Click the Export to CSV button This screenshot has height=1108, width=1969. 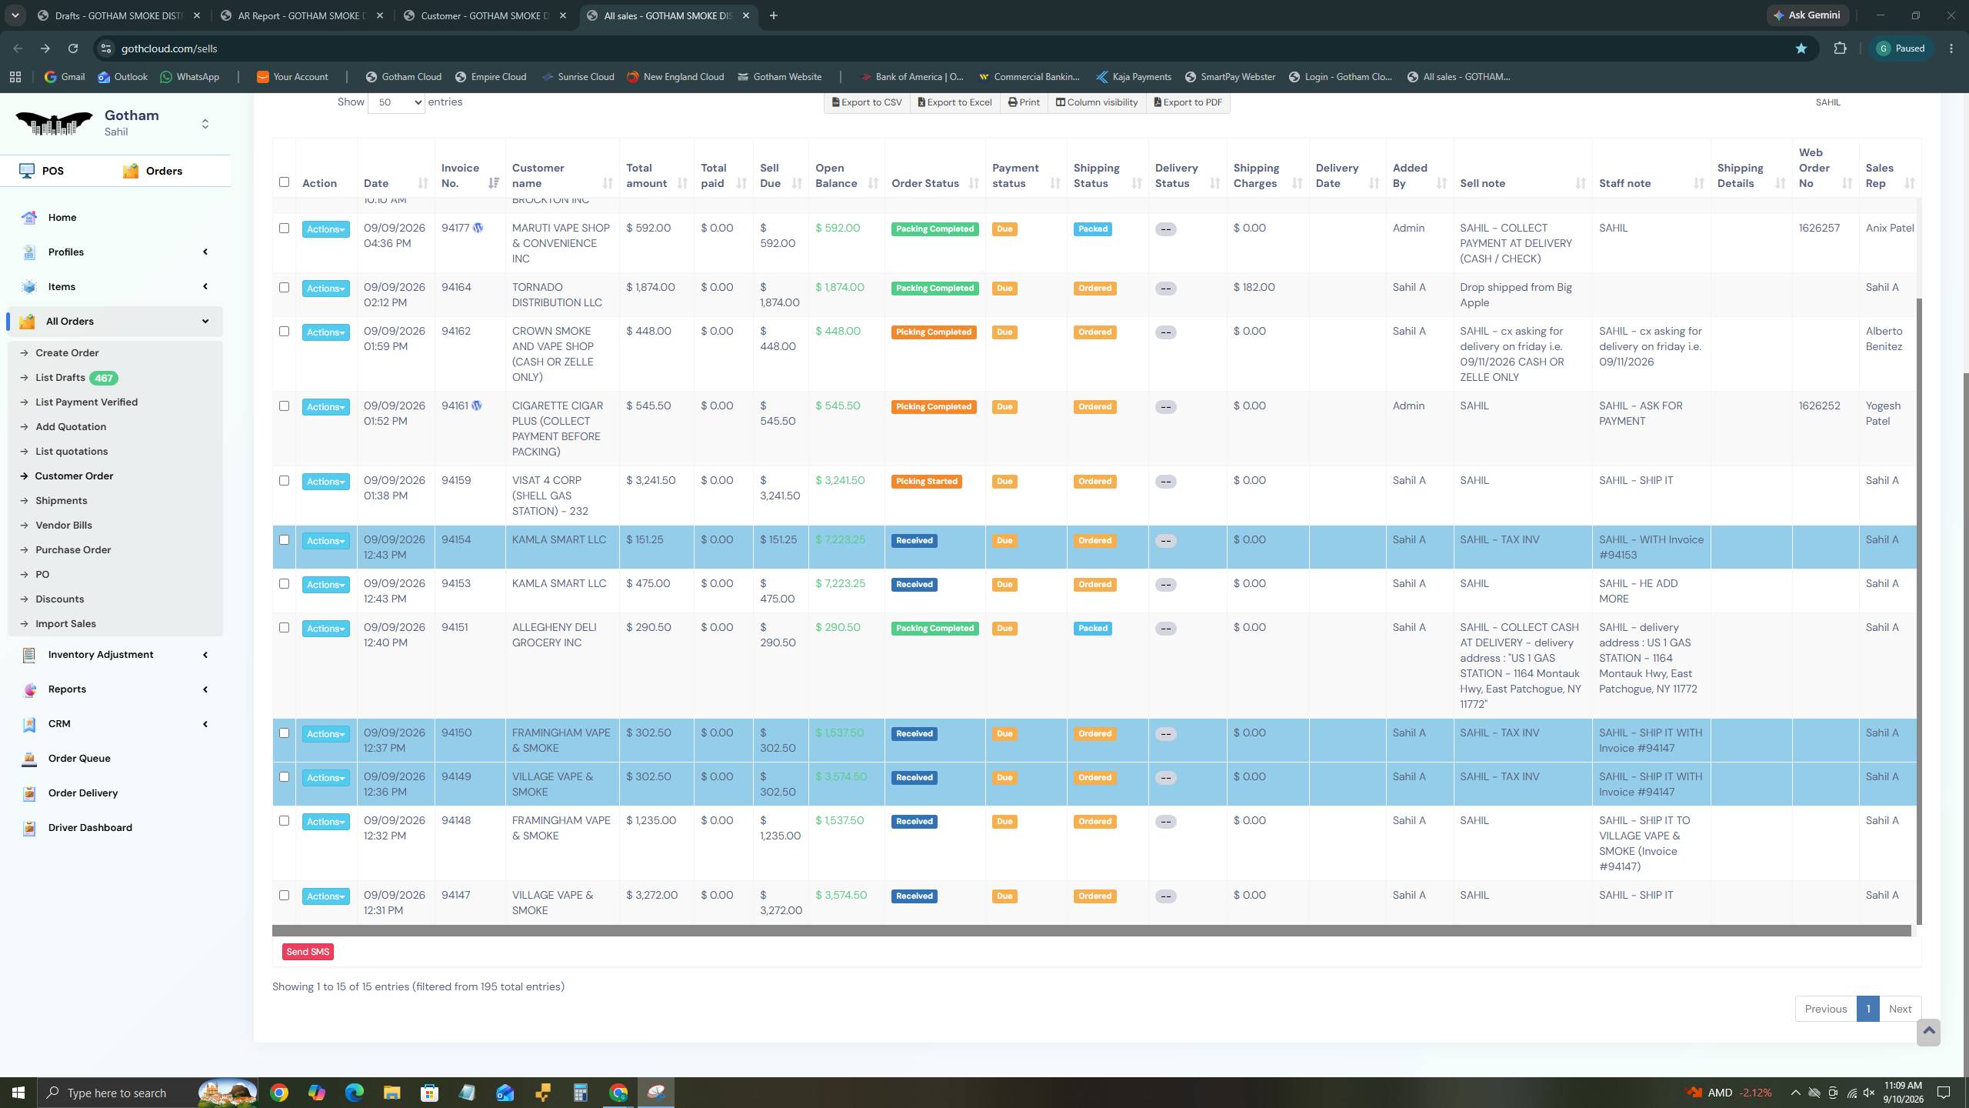tap(867, 102)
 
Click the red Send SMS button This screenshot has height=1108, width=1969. tap(308, 952)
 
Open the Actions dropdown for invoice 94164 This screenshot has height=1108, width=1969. tap(325, 289)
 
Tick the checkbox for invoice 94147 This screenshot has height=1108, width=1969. tap(284, 896)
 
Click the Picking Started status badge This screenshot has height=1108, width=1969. tap(926, 482)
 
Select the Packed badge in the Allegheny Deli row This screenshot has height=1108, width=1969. tap(1092, 629)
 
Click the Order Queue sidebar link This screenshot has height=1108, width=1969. tap(79, 759)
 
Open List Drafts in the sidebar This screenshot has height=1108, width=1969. tap(60, 378)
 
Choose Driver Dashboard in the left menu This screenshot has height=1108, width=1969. tap(90, 828)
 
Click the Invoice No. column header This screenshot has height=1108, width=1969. tap(460, 175)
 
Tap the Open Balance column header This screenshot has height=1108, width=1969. tap(836, 175)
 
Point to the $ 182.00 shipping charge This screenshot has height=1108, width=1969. tap(1254, 288)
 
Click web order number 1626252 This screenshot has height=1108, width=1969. tap(1819, 406)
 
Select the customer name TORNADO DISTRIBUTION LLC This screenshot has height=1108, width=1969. tap(557, 295)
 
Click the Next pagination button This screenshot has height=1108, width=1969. tap(1900, 1009)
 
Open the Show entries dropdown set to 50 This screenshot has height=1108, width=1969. tap(396, 102)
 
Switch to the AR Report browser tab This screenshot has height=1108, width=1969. tap(302, 15)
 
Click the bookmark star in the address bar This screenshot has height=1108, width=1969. tap(1801, 48)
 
